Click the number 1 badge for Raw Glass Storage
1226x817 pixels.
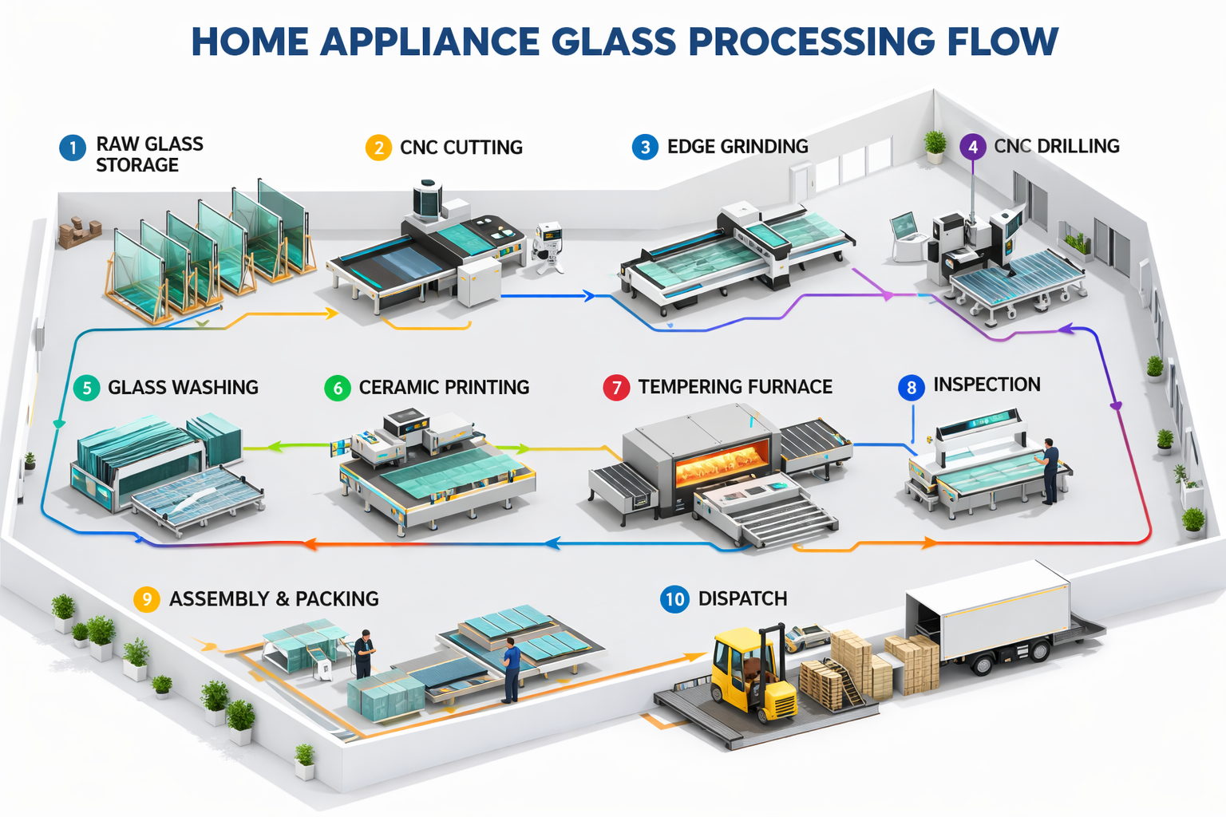point(73,148)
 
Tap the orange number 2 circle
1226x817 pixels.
point(378,148)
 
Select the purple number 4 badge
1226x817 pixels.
point(972,147)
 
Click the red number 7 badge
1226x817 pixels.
point(616,388)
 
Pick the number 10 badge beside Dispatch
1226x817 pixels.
point(675,599)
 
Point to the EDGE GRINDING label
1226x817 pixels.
point(738,147)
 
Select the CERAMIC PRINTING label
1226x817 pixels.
point(444,388)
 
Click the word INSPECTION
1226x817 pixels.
point(987,385)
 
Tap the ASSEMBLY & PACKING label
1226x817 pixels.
point(274,599)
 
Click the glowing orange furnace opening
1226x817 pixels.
point(722,464)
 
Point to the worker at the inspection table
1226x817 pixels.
point(1050,470)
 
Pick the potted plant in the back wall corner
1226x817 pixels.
point(935,146)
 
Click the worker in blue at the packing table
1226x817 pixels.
point(511,673)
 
